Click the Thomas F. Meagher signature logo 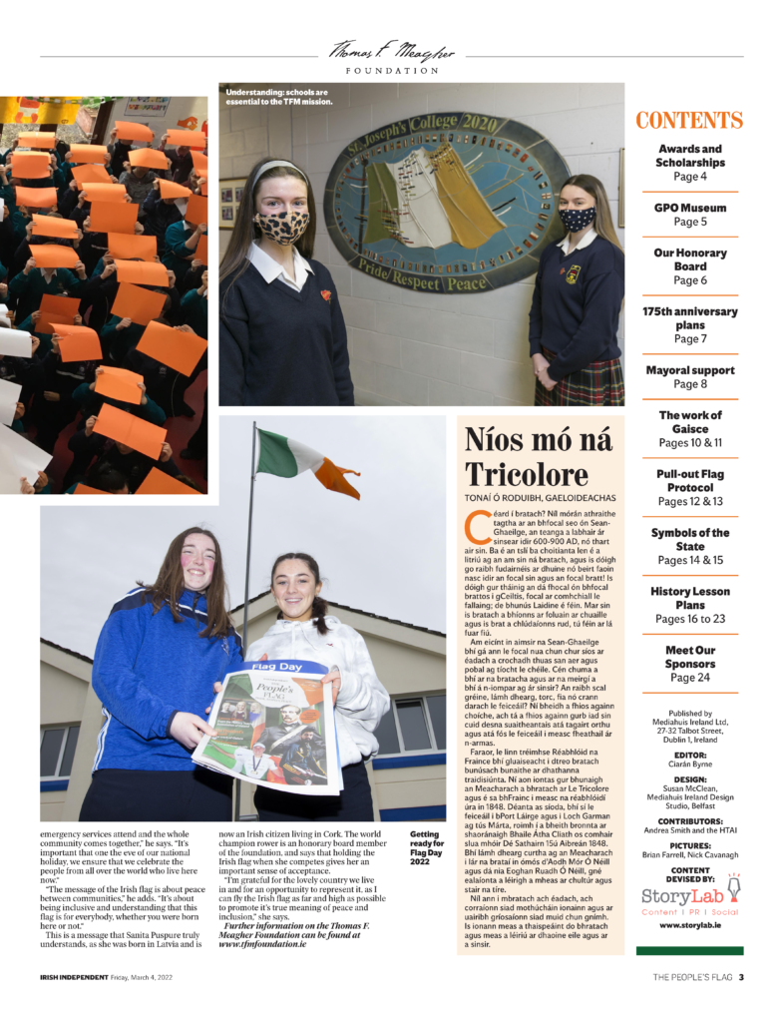click(391, 51)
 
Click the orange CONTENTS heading click(689, 121)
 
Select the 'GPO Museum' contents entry click(689, 215)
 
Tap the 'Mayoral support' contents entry click(689, 376)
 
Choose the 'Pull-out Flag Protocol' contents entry click(689, 487)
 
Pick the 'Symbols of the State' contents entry click(689, 546)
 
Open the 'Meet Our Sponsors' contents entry click(689, 664)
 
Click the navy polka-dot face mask click(576, 219)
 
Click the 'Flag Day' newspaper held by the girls click(268, 721)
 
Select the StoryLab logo click(689, 897)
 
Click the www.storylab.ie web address click(689, 925)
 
